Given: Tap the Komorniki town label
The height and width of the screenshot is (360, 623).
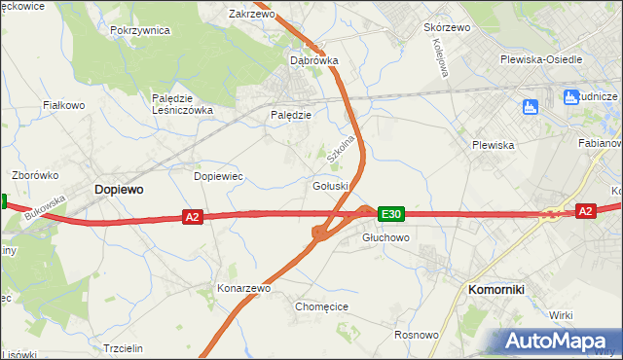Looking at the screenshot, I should point(496,290).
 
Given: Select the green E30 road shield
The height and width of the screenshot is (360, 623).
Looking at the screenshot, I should point(391,213).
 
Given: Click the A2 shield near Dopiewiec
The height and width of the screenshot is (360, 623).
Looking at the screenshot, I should point(192,217).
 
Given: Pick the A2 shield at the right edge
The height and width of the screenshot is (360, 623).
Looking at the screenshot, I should point(584,210).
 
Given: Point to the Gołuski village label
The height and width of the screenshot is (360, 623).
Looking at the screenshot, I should point(332,186).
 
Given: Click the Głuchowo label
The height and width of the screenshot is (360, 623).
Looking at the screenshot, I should point(386,237).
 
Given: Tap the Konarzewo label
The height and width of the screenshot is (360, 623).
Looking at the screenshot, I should point(243,289).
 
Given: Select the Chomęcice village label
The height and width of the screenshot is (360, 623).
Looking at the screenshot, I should point(321,306).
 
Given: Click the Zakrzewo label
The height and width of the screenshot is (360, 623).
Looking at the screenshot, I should point(252,15).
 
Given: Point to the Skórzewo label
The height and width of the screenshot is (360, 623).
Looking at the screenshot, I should point(447,27).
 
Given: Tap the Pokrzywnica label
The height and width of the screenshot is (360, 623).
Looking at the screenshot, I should point(140,30).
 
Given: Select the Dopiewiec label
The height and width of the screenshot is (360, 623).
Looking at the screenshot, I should point(218,176).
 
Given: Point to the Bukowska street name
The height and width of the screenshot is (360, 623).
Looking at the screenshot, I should point(45,207).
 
